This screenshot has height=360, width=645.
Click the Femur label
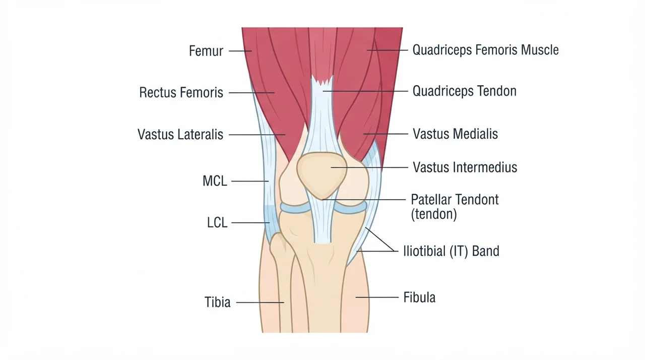206,51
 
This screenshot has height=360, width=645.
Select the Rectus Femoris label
181,92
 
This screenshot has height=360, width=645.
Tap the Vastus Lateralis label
180,134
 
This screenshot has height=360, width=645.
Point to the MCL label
215,181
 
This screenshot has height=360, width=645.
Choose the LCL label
217,222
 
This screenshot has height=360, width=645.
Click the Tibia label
217,302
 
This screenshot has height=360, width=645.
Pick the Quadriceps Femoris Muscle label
485,50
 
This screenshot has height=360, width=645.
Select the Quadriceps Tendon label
465,91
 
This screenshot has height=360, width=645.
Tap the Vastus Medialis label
455,134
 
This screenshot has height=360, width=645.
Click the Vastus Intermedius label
465,167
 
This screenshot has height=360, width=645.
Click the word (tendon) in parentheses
434,214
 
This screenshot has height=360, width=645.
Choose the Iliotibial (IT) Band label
451,251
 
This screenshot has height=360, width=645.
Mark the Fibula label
419,297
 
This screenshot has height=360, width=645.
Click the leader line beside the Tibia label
260,303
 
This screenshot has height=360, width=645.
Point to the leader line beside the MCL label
250,181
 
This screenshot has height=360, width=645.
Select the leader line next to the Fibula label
377,297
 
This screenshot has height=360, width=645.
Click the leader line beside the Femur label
240,51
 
